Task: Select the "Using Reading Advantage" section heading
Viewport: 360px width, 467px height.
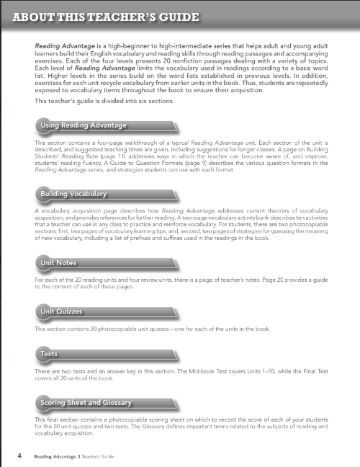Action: (x=84, y=126)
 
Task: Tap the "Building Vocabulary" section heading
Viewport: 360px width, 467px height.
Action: (x=74, y=194)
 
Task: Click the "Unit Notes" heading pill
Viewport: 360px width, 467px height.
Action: (x=59, y=262)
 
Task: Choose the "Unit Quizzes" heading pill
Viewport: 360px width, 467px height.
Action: (x=62, y=311)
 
